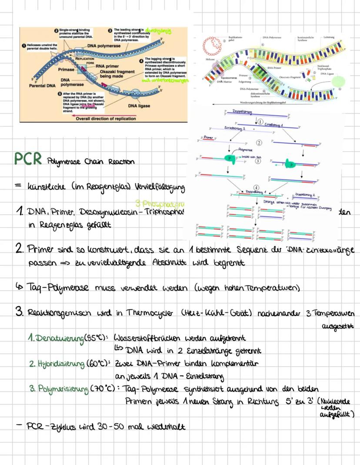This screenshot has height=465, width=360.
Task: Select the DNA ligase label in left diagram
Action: coord(140,106)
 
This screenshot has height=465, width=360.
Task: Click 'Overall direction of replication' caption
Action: coord(106,118)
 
